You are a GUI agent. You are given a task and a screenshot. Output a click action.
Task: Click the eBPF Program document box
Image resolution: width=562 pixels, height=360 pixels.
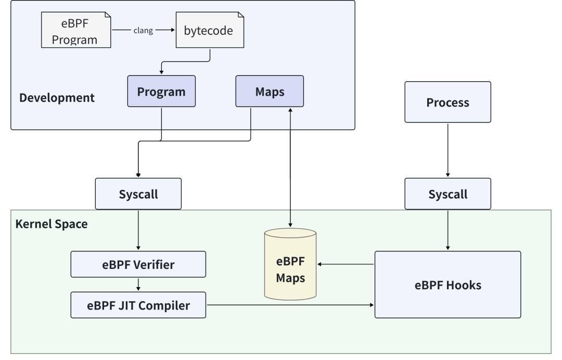tap(76, 30)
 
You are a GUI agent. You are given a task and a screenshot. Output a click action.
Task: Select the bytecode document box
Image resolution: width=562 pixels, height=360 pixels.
tap(210, 30)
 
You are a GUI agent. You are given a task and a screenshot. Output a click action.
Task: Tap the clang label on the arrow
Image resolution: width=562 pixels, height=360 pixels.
tap(143, 31)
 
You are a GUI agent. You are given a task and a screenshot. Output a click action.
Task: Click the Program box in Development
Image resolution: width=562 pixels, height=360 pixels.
tap(161, 91)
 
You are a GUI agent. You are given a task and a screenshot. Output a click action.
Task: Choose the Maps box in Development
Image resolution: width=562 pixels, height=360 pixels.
tap(270, 91)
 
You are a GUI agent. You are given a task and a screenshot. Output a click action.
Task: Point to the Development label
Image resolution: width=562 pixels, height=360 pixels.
tap(57, 97)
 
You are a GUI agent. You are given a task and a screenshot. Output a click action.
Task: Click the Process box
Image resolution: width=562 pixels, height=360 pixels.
tap(448, 102)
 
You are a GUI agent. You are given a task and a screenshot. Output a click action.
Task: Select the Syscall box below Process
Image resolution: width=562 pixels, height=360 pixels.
tap(448, 194)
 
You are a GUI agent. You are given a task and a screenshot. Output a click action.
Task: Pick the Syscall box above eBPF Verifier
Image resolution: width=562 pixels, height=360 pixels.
tap(138, 194)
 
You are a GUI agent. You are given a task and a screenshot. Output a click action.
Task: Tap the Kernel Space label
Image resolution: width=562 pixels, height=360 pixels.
tap(51, 224)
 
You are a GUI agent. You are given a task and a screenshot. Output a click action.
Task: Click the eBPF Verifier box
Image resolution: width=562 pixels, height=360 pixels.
tap(138, 264)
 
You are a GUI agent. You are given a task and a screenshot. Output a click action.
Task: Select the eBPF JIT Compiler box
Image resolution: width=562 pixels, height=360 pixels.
tap(138, 305)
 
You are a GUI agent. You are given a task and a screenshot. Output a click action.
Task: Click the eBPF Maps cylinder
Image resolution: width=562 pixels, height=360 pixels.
tap(290, 264)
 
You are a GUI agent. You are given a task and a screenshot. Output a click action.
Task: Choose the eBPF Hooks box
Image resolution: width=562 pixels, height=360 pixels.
tap(448, 285)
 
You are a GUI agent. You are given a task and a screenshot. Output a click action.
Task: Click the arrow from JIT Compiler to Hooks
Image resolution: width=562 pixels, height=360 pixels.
tap(290, 305)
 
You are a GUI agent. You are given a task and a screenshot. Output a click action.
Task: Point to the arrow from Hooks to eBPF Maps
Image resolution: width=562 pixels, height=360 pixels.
tap(346, 264)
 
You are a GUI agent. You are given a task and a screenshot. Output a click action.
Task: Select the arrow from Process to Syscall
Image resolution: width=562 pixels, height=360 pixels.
tap(448, 150)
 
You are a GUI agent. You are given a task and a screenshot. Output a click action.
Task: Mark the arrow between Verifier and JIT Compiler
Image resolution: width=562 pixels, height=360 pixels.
tap(138, 285)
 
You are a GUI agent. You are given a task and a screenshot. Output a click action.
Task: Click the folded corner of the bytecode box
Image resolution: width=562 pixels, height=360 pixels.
tap(241, 15)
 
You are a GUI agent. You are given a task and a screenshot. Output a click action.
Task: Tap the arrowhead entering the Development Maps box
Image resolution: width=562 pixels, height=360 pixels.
tap(290, 110)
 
